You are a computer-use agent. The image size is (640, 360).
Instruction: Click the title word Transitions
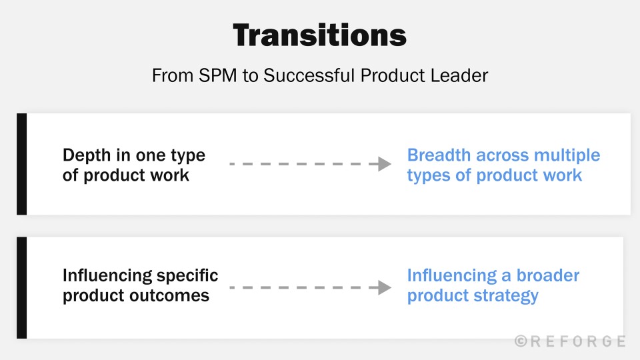pyautogui.click(x=320, y=35)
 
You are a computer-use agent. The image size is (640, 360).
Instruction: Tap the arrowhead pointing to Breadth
pyautogui.click(x=385, y=164)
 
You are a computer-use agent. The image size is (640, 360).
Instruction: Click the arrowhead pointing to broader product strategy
pyautogui.click(x=385, y=287)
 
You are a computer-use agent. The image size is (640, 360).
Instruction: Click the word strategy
pyautogui.click(x=509, y=295)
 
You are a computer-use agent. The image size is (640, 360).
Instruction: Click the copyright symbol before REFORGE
pyautogui.click(x=520, y=341)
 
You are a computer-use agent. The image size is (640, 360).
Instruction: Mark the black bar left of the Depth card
pyautogui.click(x=21, y=164)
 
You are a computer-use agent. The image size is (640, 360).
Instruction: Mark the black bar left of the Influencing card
pyautogui.click(x=21, y=287)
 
